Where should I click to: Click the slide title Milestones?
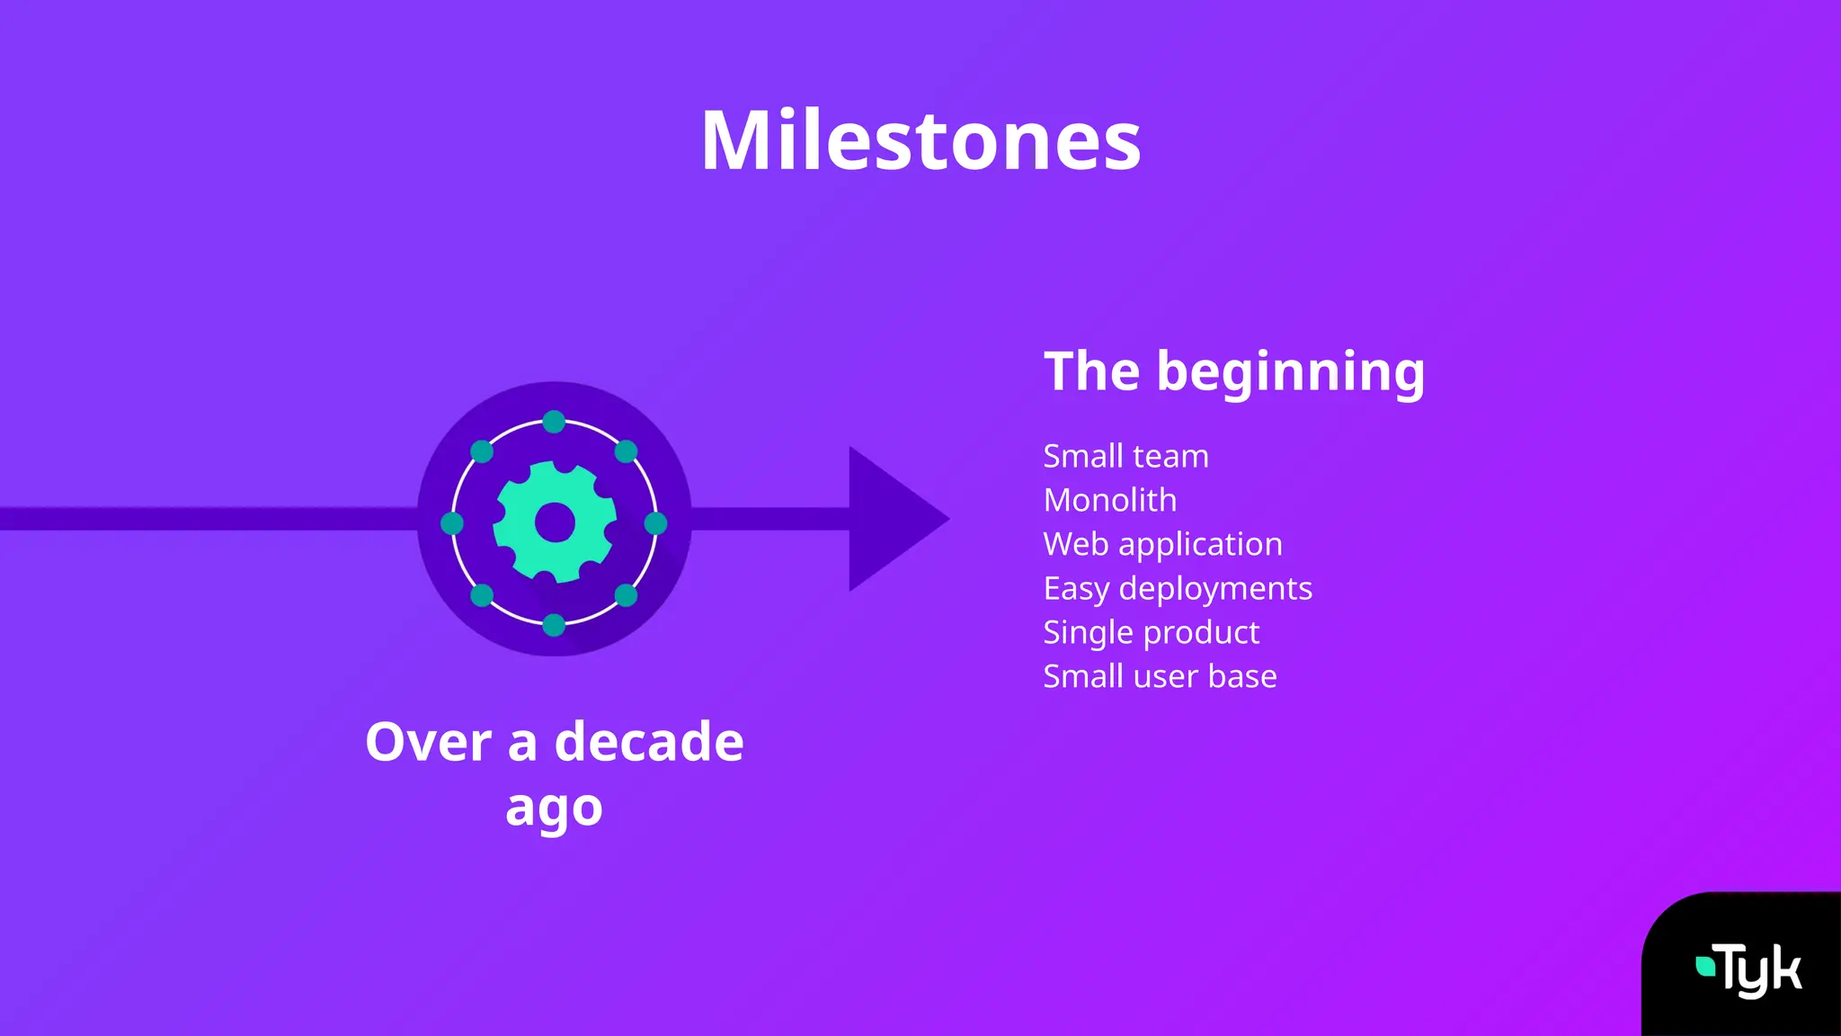pyautogui.click(x=920, y=141)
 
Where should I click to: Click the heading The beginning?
pyautogui.click(x=1233, y=371)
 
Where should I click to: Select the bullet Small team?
pyautogui.click(x=1125, y=456)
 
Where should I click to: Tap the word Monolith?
pyautogui.click(x=1109, y=500)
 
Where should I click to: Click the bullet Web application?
pyautogui.click(x=1162, y=544)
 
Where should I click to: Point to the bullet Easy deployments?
pyautogui.click(x=1177, y=588)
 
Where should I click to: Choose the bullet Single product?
pyautogui.click(x=1151, y=632)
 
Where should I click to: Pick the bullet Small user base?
pyautogui.click(x=1160, y=676)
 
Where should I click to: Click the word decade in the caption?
pyautogui.click(x=649, y=743)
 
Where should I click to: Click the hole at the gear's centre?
pyautogui.click(x=555, y=522)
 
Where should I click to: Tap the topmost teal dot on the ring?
pyautogui.click(x=555, y=422)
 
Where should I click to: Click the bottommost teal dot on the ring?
pyautogui.click(x=555, y=624)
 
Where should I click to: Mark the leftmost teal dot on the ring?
pyautogui.click(x=452, y=523)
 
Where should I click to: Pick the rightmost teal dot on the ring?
pyautogui.click(x=656, y=523)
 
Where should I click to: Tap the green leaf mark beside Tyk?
pyautogui.click(x=1704, y=967)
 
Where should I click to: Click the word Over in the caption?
pyautogui.click(x=429, y=743)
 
